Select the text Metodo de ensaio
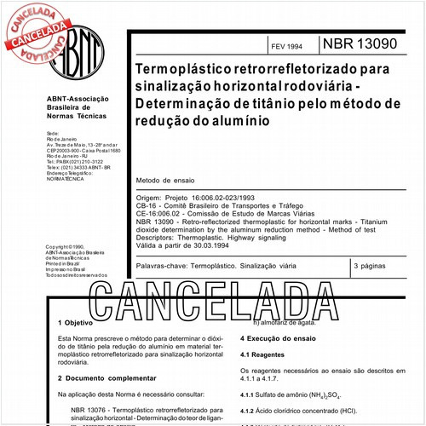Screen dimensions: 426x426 [169, 181]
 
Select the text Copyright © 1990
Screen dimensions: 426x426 [67, 246]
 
